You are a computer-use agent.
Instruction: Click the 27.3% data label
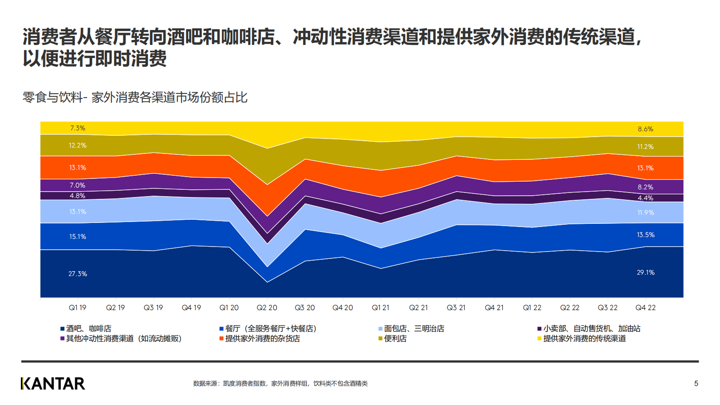click(x=78, y=274)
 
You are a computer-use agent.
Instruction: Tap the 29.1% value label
click(x=646, y=272)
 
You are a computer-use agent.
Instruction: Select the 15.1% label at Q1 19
click(x=78, y=237)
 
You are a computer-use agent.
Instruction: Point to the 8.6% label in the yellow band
click(x=646, y=129)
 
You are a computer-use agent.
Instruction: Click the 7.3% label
click(x=78, y=128)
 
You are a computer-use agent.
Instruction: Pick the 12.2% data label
click(x=78, y=145)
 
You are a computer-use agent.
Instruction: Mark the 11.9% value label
click(x=646, y=212)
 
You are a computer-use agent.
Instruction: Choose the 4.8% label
click(x=78, y=196)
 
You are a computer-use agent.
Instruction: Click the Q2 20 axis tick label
click(x=267, y=307)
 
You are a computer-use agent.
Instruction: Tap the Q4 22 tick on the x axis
click(x=646, y=307)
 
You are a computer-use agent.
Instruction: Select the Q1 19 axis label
click(x=78, y=307)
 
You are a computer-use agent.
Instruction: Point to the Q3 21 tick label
click(x=456, y=307)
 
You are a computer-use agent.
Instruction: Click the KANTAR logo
click(x=53, y=384)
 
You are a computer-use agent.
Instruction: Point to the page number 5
click(x=696, y=384)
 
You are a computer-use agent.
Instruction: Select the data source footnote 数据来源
click(x=280, y=384)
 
